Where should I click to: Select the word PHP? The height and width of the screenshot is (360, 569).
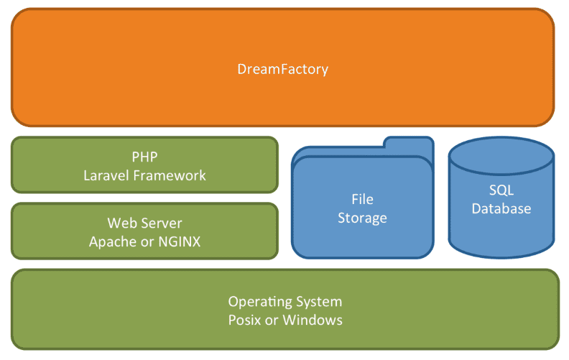[x=144, y=157]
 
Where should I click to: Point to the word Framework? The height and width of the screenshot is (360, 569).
[x=172, y=175]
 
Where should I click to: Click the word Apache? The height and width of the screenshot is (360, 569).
[x=112, y=241]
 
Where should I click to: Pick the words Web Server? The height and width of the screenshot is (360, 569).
[x=144, y=223]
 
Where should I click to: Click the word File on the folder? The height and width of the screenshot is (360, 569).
[x=362, y=199]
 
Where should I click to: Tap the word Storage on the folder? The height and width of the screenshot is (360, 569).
[x=362, y=217]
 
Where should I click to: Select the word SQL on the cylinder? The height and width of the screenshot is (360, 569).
[x=501, y=191]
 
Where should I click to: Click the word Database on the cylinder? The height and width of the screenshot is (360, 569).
[x=501, y=209]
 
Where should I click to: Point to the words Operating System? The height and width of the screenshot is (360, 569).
[x=284, y=302]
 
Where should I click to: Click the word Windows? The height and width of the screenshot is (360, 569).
[x=313, y=320]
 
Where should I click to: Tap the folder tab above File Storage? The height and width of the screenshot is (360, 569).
[x=408, y=144]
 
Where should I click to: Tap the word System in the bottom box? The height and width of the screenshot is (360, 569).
[x=318, y=302]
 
